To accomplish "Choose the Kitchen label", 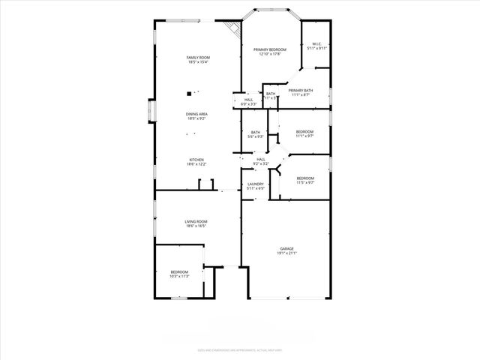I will (196, 161).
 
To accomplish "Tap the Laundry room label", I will (255, 186).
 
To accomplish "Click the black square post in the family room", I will (189, 94).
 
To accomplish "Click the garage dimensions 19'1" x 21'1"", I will (286, 253).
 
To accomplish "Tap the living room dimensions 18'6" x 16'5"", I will (196, 226).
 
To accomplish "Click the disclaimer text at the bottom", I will (239, 349).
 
